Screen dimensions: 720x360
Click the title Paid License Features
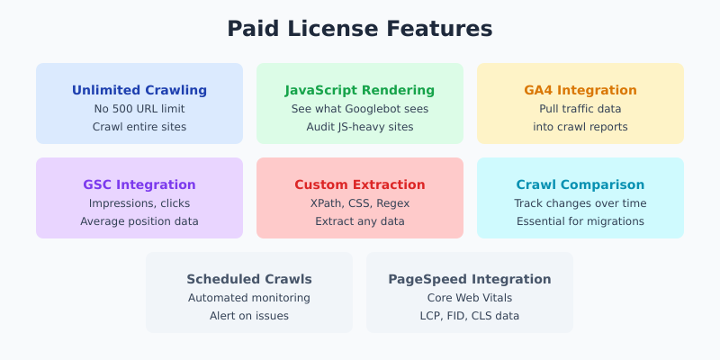coord(360,29)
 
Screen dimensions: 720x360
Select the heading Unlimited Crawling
coord(139,90)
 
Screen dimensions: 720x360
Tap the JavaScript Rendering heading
coord(360,90)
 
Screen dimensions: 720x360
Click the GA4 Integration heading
coord(580,90)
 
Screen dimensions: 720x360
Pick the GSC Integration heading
coord(139,184)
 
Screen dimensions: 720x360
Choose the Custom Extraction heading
coord(360,184)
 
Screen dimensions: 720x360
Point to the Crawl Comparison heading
coord(580,184)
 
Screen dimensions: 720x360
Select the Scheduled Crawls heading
coord(249,279)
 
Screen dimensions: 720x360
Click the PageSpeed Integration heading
coord(470,279)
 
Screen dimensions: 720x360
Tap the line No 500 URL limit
coord(139,109)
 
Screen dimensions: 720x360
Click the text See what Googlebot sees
coord(360,109)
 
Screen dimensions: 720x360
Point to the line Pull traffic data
coord(580,109)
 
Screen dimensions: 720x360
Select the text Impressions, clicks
coord(139,203)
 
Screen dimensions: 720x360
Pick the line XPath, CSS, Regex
coord(360,203)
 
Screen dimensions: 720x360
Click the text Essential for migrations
coord(580,221)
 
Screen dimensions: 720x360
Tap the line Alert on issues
coord(249,316)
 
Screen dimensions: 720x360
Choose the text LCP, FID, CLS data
coord(470,316)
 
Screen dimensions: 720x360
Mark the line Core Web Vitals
coord(470,298)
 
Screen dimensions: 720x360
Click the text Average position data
coord(139,221)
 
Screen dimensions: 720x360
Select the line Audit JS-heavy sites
coord(360,127)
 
